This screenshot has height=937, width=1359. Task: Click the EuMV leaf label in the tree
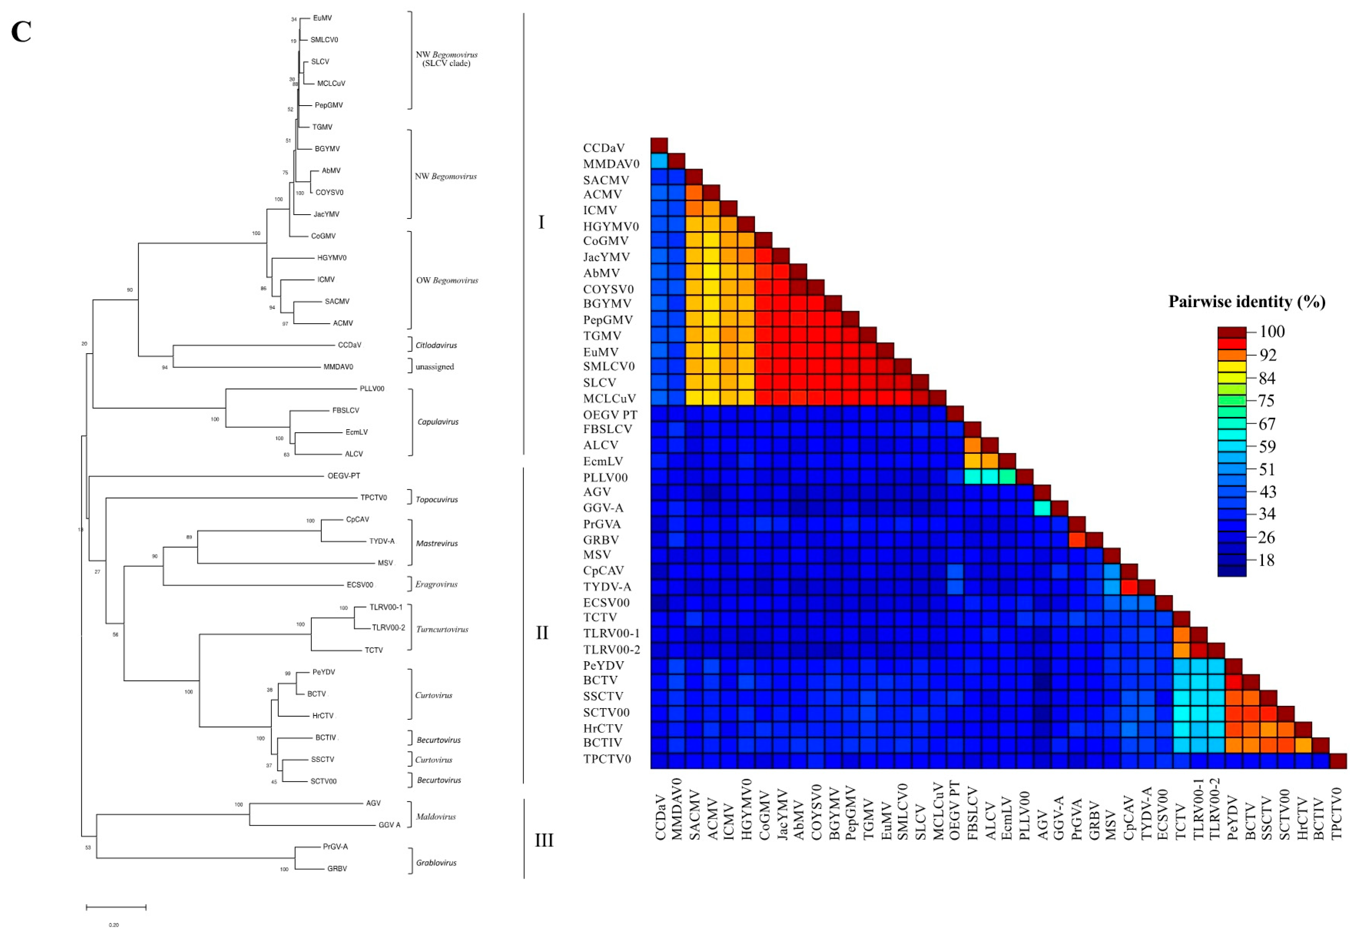click(x=322, y=18)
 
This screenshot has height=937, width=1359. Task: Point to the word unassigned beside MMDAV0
click(x=434, y=367)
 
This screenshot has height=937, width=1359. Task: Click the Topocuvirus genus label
click(x=436, y=500)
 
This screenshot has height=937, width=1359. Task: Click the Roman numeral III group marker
click(x=544, y=840)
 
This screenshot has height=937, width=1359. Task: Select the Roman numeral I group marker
click(x=541, y=222)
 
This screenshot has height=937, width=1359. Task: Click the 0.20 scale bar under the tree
click(x=116, y=908)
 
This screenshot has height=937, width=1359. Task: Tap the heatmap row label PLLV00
click(x=605, y=477)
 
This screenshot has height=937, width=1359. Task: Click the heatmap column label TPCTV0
click(x=1337, y=814)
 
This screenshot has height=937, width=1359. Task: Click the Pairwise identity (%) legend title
click(x=1246, y=302)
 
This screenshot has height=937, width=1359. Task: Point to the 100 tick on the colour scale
click(x=1271, y=332)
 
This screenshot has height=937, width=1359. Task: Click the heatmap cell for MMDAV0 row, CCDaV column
click(x=659, y=161)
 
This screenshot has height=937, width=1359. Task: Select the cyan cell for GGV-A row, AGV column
click(x=1042, y=508)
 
